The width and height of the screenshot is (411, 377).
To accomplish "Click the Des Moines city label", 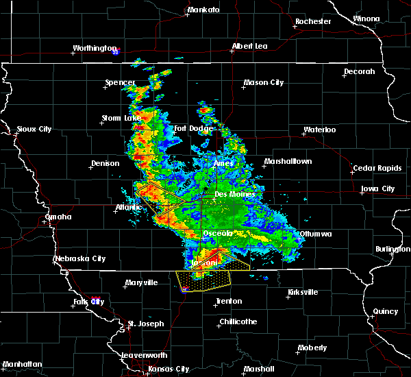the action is coord(234,194).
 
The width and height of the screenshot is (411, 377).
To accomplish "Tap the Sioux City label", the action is coord(34,129).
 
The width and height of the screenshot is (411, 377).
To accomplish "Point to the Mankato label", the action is coord(203,10).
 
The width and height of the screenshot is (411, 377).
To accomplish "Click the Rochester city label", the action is coord(313,21).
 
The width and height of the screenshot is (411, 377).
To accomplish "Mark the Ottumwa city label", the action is coord(316,234).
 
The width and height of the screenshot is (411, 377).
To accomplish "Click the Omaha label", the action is coord(58,217).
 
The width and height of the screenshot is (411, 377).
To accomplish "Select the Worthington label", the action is coord(95,48).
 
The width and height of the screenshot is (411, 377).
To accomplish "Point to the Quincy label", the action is coord(386,311).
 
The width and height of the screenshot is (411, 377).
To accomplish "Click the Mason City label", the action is coord(264,83).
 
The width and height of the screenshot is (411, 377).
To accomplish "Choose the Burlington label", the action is coord(393,249).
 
